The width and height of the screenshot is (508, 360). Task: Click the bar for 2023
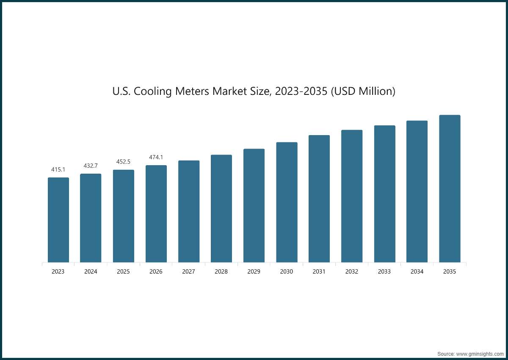pyautogui.click(x=58, y=220)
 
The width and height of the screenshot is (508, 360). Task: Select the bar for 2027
pyautogui.click(x=189, y=212)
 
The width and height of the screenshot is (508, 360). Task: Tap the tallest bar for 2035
pyautogui.click(x=450, y=189)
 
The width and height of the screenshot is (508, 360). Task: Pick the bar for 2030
pyautogui.click(x=287, y=202)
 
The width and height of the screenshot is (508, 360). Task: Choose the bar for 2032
pyautogui.click(x=352, y=197)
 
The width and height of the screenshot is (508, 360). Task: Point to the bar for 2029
pyautogui.click(x=254, y=206)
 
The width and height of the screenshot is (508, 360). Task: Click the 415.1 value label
pyautogui.click(x=58, y=169)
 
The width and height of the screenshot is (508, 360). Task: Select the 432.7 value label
pyautogui.click(x=91, y=166)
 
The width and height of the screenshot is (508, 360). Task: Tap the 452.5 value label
pyautogui.click(x=123, y=162)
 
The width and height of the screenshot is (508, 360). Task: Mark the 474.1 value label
pyautogui.click(x=156, y=157)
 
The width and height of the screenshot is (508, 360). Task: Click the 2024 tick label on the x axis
pyautogui.click(x=91, y=271)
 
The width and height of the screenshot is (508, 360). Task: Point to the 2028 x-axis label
pyautogui.click(x=221, y=271)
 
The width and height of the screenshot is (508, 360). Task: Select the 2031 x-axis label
pyautogui.click(x=319, y=271)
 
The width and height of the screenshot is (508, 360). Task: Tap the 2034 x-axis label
pyautogui.click(x=417, y=271)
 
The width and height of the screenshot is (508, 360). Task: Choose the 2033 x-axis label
pyautogui.click(x=384, y=271)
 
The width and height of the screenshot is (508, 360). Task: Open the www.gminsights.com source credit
pyautogui.click(x=480, y=354)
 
